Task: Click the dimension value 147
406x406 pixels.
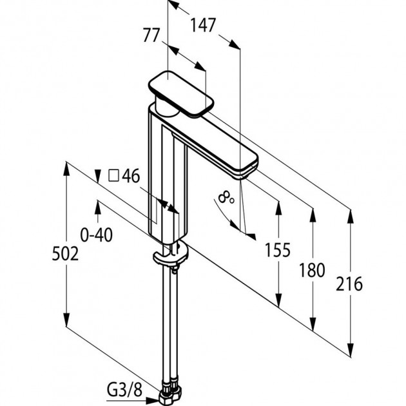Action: [x=203, y=26]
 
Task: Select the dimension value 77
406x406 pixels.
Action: [x=151, y=36]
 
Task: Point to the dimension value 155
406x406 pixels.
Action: [x=278, y=249]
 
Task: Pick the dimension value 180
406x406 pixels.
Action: [x=313, y=270]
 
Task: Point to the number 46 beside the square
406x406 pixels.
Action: [x=131, y=176]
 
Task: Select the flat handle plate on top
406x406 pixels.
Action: [x=181, y=93]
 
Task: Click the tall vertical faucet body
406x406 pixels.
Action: [x=165, y=180]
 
